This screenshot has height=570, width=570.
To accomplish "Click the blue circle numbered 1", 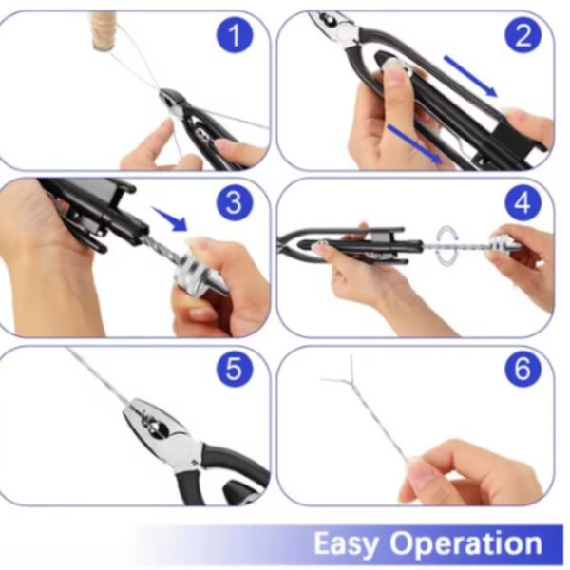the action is pyautogui.click(x=235, y=35).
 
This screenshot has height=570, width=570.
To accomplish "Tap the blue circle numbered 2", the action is pyautogui.click(x=522, y=35).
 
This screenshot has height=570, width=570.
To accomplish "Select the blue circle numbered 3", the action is pyautogui.click(x=235, y=202).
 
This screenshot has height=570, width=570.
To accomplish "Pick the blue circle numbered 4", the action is pyautogui.click(x=522, y=202).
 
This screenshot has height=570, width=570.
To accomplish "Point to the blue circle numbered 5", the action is pyautogui.click(x=235, y=369).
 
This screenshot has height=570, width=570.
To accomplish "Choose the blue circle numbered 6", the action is pyautogui.click(x=522, y=369).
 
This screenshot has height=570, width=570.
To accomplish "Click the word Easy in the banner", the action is pyautogui.click(x=346, y=544).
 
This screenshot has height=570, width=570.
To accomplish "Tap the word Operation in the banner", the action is pyautogui.click(x=466, y=544).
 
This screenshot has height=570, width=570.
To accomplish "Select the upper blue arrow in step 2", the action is pyautogui.click(x=470, y=76).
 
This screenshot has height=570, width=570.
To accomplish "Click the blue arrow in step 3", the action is pyautogui.click(x=170, y=218).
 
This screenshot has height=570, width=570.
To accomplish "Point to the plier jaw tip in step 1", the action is pyautogui.click(x=161, y=93).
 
